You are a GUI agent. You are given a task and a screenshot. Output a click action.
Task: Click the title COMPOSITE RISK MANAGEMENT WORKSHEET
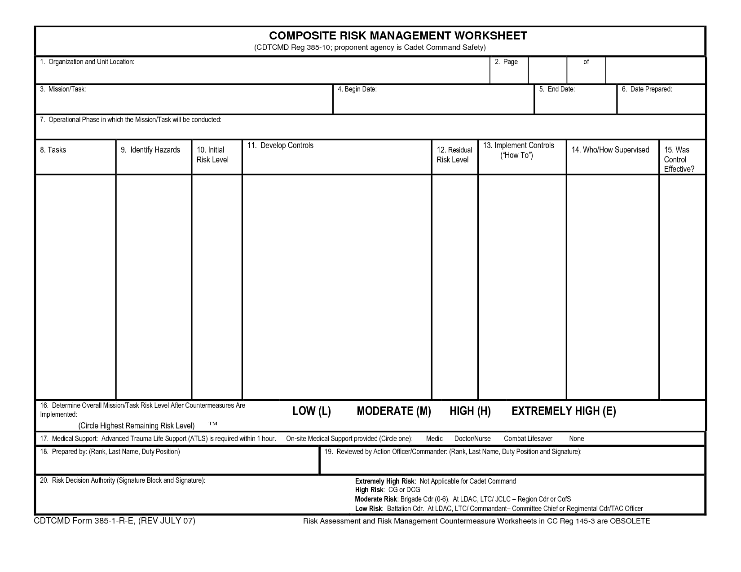(x=398, y=36)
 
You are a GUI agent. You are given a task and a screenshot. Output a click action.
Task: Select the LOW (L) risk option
(x=311, y=411)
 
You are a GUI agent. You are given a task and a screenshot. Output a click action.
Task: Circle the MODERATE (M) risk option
(x=393, y=411)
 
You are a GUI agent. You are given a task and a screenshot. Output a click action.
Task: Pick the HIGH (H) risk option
(x=470, y=411)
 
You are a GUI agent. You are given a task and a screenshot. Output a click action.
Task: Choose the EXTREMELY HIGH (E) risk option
(x=564, y=411)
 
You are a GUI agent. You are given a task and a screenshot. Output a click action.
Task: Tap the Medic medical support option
(x=434, y=438)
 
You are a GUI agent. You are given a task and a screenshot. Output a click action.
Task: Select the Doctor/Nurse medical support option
(x=472, y=438)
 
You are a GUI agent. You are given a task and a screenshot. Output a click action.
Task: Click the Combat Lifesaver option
(x=528, y=438)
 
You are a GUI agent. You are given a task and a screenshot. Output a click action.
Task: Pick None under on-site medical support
(x=577, y=438)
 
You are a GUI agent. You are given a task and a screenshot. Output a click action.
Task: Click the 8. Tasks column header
(x=53, y=150)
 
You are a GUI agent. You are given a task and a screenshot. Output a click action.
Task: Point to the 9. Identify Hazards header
(x=150, y=150)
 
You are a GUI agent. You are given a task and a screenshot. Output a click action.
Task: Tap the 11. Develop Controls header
(x=280, y=145)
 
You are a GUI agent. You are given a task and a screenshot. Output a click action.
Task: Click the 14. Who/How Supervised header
(x=610, y=150)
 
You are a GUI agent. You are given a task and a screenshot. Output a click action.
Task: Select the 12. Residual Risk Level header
(x=454, y=155)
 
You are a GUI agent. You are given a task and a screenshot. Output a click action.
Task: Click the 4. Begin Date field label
(x=357, y=89)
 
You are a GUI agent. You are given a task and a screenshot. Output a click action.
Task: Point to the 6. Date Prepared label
(x=647, y=89)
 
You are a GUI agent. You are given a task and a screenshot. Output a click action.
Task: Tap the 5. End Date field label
(x=557, y=89)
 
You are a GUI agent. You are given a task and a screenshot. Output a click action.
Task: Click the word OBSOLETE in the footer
(x=630, y=521)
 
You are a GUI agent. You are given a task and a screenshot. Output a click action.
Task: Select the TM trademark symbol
(x=213, y=424)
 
